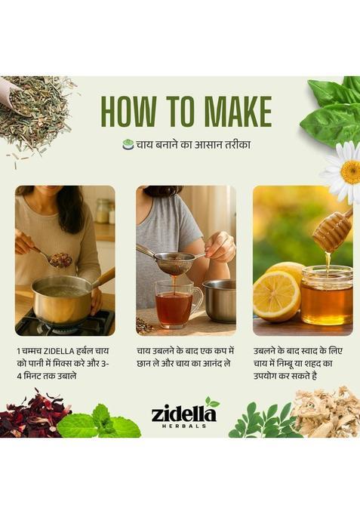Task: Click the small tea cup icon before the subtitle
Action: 128,144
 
